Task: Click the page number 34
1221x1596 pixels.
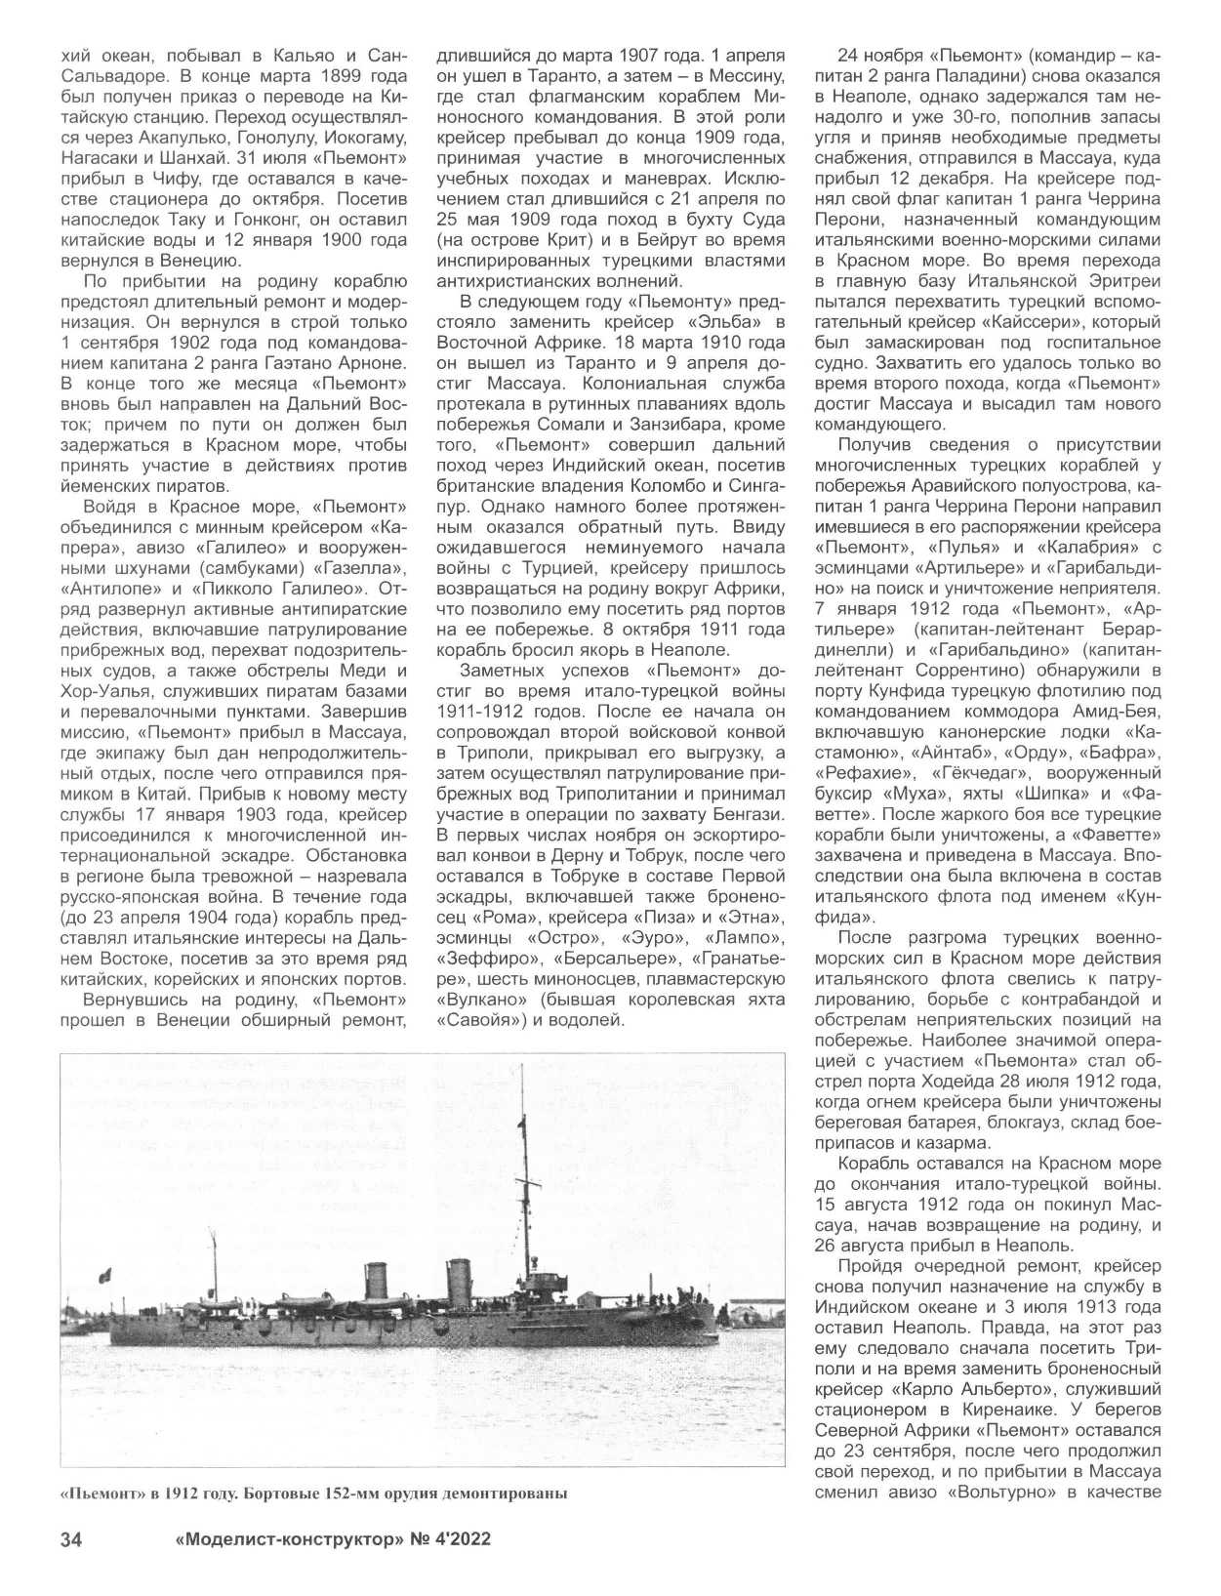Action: point(71,1540)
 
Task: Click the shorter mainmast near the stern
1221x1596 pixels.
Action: point(214,1264)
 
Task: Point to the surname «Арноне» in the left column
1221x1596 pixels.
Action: point(367,363)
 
